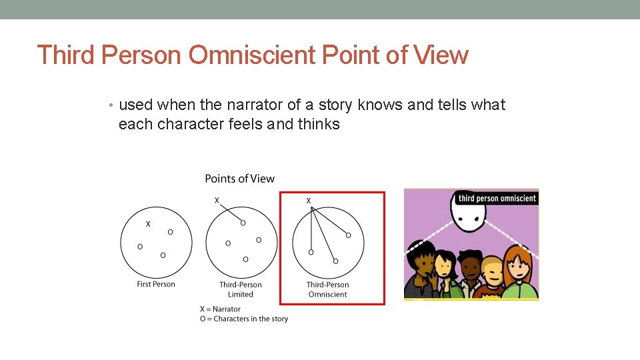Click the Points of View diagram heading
239,179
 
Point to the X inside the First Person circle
148,224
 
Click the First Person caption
156,284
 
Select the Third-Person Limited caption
241,289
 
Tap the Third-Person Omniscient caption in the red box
327,289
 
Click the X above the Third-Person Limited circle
216,200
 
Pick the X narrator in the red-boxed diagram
308,200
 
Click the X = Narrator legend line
220,309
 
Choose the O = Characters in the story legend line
244,319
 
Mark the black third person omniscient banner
497,197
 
